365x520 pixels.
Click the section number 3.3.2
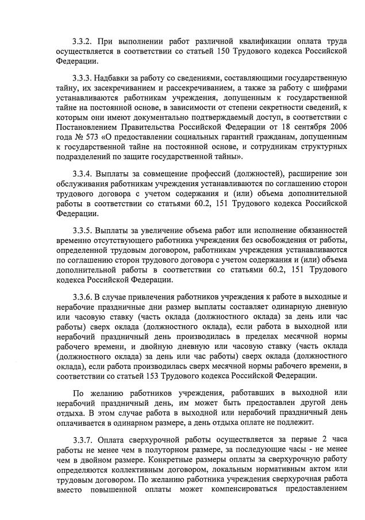click(84, 41)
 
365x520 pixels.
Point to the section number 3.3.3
click(84, 78)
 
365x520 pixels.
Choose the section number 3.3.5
click(84, 229)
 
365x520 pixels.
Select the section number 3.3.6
click(84, 296)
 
